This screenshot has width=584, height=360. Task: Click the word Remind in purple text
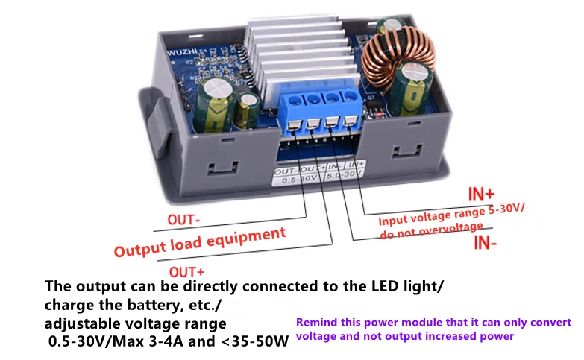(316, 323)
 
